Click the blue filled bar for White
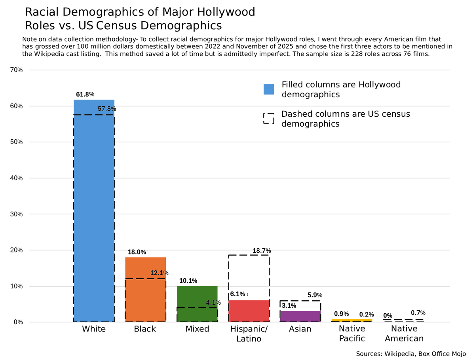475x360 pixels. click(94, 210)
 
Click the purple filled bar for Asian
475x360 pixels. click(300, 316)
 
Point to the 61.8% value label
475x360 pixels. click(85, 94)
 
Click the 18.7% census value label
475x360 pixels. click(262, 251)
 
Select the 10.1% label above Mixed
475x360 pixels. click(188, 280)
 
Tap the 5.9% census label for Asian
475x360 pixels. click(315, 295)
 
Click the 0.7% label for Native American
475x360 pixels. click(418, 313)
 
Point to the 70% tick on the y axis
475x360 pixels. click(16, 70)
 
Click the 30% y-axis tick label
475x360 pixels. click(16, 214)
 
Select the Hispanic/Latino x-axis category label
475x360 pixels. click(249, 333)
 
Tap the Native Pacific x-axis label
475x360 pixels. click(352, 333)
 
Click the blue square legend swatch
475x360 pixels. click(269, 89)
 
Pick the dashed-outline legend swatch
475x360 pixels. click(269, 119)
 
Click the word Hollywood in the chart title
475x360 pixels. click(226, 12)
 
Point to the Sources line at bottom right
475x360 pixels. click(411, 353)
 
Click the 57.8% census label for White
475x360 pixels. click(107, 108)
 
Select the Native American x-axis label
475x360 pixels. click(404, 333)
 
